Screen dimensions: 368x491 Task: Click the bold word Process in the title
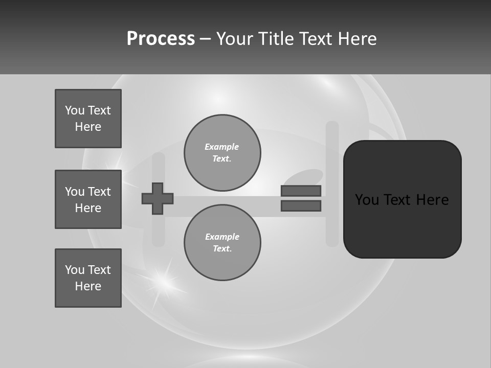(161, 39)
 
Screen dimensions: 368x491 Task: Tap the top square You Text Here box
(88, 119)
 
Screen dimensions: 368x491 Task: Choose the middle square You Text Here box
(88, 199)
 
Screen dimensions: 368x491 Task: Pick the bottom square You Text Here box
(88, 278)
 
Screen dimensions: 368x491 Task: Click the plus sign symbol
(158, 198)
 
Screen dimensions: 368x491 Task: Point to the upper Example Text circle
(222, 153)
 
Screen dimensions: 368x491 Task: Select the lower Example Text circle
(222, 243)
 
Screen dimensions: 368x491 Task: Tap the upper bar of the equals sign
(301, 191)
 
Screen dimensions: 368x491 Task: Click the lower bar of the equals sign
(301, 206)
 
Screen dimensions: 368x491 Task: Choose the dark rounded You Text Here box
(402, 199)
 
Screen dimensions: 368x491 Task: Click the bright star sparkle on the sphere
(163, 280)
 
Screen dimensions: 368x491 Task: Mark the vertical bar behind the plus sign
(159, 230)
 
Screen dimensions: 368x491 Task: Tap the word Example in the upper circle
(221, 147)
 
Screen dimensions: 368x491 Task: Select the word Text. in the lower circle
(222, 249)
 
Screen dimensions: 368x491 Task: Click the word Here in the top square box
(88, 127)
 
